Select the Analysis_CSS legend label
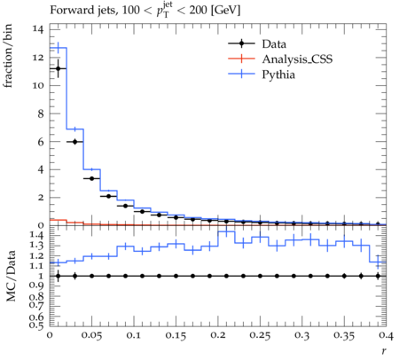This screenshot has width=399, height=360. pos(297,59)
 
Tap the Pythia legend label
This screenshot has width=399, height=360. pos(278,74)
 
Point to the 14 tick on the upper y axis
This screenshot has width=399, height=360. pos(39,29)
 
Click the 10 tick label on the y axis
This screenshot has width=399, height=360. pos(39,86)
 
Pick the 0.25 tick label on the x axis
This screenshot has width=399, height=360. pos(260,335)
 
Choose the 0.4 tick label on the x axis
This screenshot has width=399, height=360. pos(386,335)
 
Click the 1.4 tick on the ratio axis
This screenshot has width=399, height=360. pos(37,235)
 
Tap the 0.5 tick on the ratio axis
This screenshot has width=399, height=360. pos(37,325)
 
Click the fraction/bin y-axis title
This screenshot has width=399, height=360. pos(8,56)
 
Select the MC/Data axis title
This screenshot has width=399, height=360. pos(11,276)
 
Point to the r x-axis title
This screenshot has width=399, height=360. pos(384,351)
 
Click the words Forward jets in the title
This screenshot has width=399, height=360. pos(82,11)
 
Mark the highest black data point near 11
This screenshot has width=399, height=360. pos(59,69)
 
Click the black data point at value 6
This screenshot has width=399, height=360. pos(74,142)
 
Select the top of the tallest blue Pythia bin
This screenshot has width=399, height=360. pos(59,48)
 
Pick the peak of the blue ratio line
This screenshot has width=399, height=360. pos(226,231)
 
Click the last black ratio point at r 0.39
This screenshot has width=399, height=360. pos(378,276)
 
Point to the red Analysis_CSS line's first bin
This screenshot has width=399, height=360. pos(59,220)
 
